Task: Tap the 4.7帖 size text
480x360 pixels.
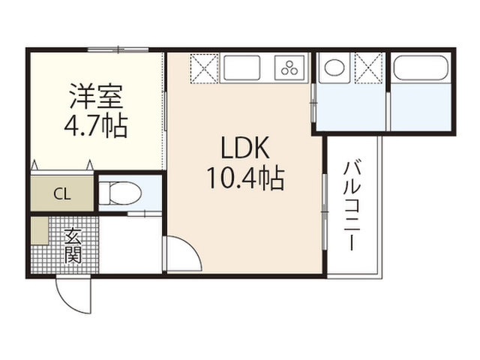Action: click(x=96, y=126)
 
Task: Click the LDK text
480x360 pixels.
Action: click(x=245, y=148)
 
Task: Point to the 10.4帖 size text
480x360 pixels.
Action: click(x=246, y=178)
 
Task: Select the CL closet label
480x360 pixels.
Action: click(x=62, y=193)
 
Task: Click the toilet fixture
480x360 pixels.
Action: click(x=120, y=193)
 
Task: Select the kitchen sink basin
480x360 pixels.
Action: click(x=241, y=67)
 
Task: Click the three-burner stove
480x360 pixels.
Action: click(x=289, y=67)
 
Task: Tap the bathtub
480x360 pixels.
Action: click(x=421, y=67)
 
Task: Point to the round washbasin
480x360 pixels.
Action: click(x=334, y=67)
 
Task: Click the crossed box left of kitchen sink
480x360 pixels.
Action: click(x=204, y=68)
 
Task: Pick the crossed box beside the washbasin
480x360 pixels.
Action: click(x=369, y=67)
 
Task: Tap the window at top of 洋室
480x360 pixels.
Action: click(x=118, y=49)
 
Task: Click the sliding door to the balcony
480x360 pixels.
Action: click(x=325, y=212)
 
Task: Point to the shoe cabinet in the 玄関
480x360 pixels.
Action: click(x=40, y=231)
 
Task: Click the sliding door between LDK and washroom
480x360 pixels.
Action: click(x=313, y=103)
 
